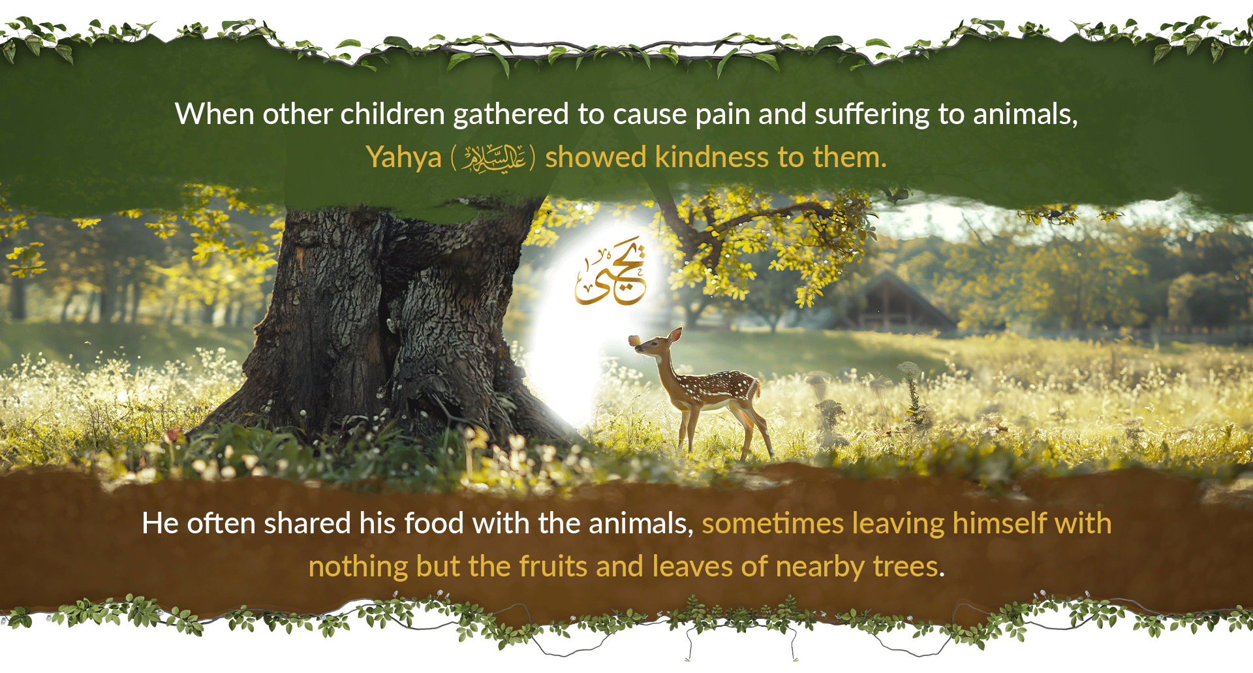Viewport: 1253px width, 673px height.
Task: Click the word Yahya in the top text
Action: click(404, 158)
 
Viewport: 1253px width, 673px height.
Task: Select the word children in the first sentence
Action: click(393, 114)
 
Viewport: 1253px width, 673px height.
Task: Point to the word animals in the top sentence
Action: click(1025, 115)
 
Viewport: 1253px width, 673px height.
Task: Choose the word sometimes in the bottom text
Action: click(773, 524)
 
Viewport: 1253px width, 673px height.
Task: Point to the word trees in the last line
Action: click(908, 567)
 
